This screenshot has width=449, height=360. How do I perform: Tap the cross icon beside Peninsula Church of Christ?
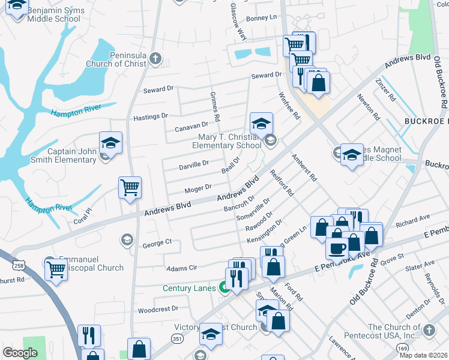(155, 58)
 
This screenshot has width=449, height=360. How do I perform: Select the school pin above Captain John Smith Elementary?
(110, 143)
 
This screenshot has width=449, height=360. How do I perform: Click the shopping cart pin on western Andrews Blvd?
(130, 188)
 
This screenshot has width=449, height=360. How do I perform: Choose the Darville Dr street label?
(194, 163)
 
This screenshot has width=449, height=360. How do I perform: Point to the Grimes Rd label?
(214, 106)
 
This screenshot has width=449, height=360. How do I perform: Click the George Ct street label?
(157, 243)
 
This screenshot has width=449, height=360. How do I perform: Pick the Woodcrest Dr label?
(158, 310)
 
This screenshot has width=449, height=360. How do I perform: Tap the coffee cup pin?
(337, 247)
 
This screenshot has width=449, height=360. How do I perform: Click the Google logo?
(20, 353)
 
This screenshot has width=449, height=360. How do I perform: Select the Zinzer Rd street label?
(385, 89)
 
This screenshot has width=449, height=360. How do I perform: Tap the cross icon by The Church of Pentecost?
(429, 330)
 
